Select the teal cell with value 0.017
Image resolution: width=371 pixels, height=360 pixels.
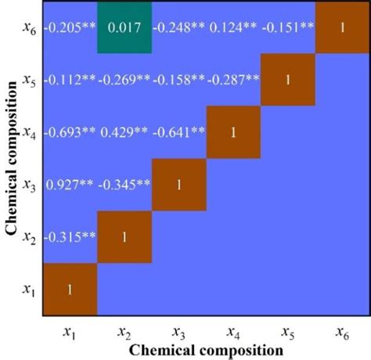coord(124,27)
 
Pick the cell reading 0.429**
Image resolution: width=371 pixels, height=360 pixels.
coord(124,132)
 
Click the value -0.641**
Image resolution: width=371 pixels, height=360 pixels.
coord(178,132)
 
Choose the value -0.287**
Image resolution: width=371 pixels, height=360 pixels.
coord(233,80)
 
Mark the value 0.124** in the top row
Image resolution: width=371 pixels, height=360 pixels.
coord(233,27)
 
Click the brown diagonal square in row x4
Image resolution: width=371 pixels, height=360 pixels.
coord(233,132)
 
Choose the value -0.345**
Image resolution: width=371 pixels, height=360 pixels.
coord(124,185)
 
